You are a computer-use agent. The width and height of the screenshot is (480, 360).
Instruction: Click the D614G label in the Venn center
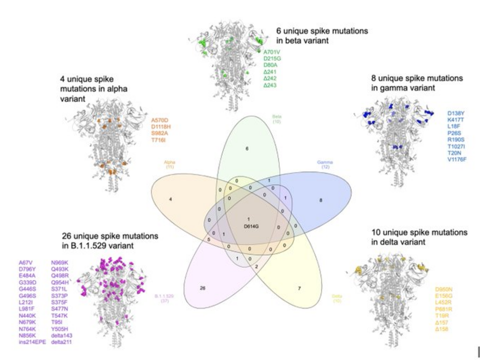251,226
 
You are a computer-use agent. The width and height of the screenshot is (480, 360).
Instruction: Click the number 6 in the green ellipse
247,148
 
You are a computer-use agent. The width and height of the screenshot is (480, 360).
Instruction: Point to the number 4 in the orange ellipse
170,199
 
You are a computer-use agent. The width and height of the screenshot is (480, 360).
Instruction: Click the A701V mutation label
272,52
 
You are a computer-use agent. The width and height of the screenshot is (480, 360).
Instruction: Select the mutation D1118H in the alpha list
161,127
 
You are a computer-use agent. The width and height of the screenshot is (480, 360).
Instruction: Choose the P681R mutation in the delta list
444,310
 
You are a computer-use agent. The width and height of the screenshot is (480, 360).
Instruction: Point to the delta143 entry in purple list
62,335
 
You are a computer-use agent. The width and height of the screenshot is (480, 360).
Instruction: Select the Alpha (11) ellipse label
170,164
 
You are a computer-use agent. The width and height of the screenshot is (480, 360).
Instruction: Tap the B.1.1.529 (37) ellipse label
164,298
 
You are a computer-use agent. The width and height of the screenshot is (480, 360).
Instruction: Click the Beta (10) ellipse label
277,119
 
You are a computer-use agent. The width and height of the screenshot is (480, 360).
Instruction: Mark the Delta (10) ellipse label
337,298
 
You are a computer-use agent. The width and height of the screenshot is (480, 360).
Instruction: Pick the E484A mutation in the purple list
27,276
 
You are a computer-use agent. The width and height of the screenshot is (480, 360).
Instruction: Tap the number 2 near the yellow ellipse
256,267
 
